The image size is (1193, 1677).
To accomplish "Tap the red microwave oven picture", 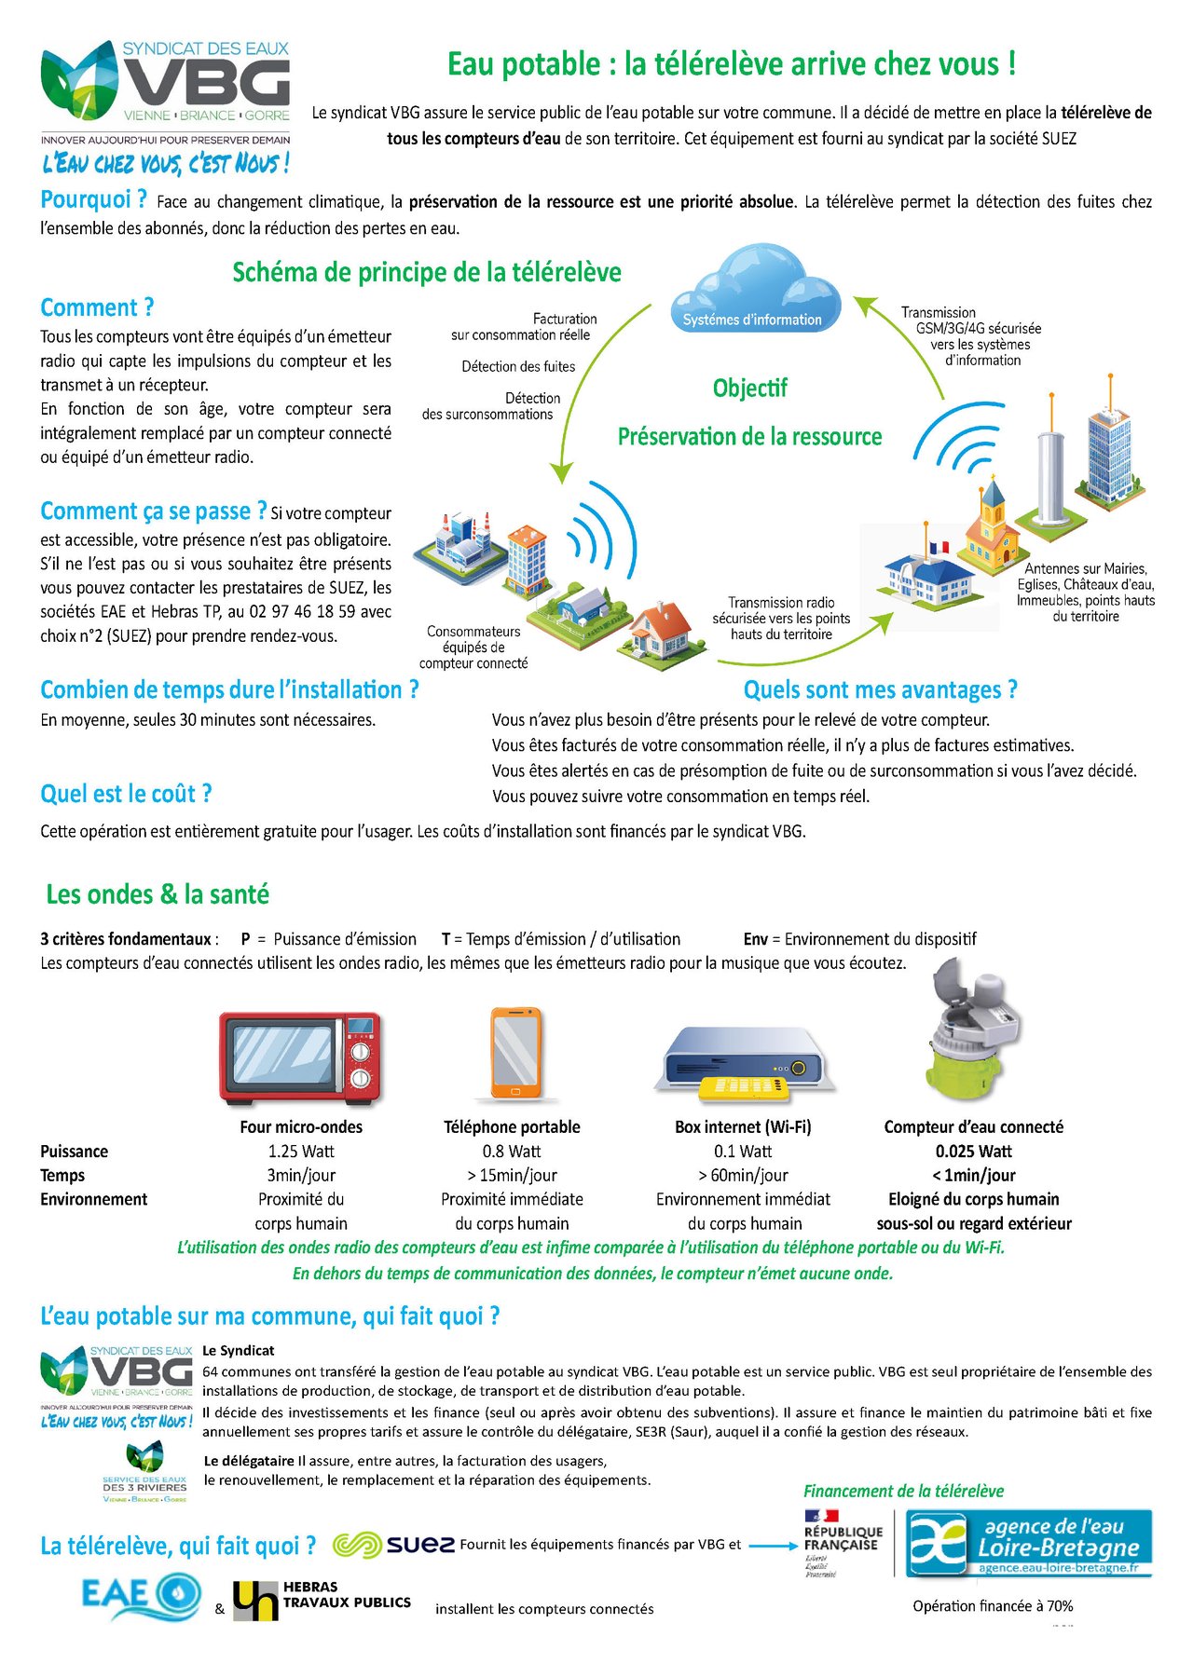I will tap(300, 1057).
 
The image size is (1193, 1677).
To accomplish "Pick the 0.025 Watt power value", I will tap(973, 1152).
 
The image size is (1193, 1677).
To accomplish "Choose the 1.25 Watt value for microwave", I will tap(301, 1152).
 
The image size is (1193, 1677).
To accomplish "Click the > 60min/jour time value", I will tap(743, 1176).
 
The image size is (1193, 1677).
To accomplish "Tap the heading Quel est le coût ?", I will tap(126, 794).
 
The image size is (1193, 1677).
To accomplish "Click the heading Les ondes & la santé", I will tap(158, 894).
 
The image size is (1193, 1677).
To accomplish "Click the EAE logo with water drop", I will tap(140, 1593).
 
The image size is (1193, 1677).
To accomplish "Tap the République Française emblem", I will tap(842, 1542).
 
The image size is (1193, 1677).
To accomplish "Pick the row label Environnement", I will tap(93, 1200).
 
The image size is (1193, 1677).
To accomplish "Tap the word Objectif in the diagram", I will tap(749, 389).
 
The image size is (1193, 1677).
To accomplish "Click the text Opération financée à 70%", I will tap(993, 1606).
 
